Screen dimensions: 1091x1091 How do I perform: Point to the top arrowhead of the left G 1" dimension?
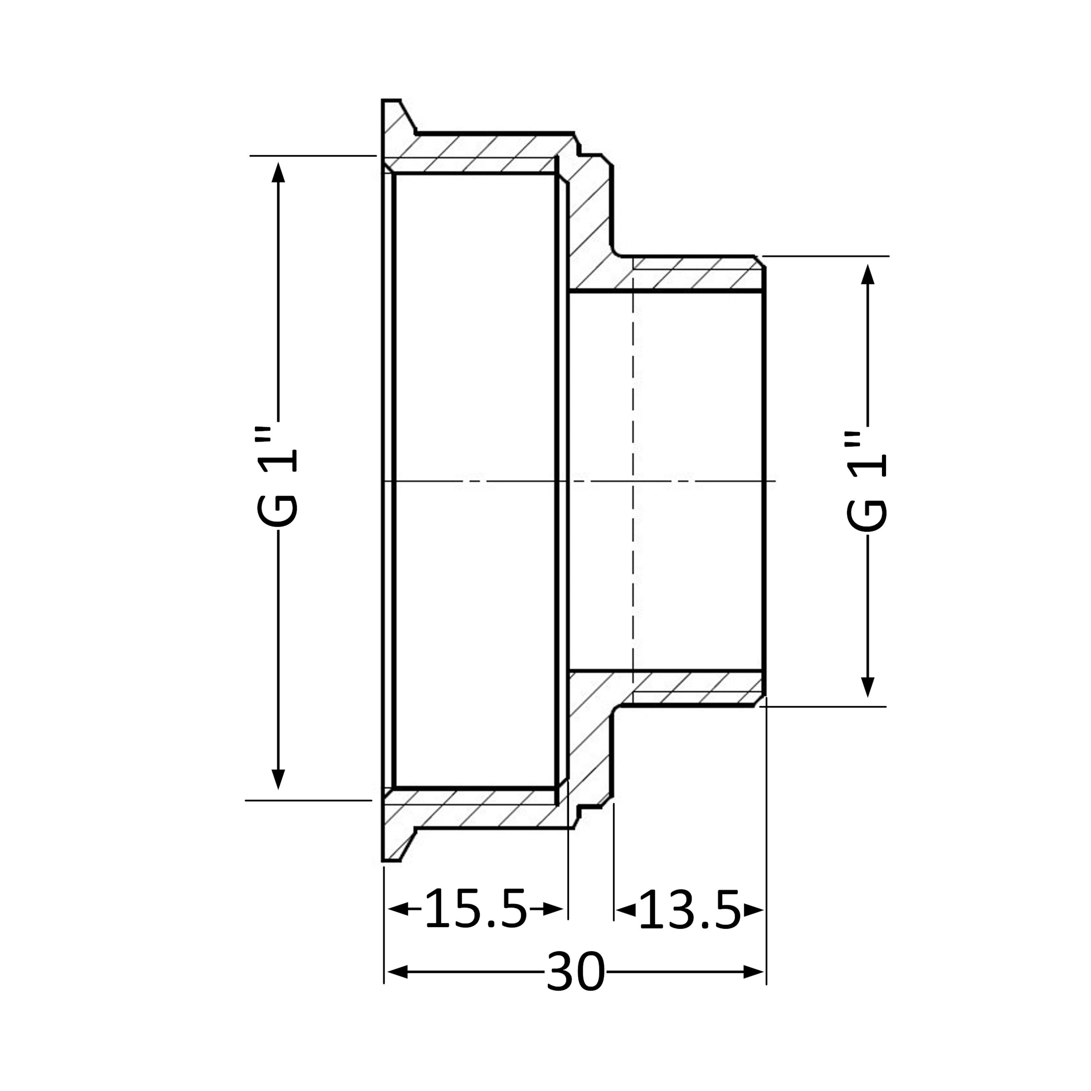[278, 172]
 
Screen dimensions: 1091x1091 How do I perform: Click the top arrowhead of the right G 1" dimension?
[868, 274]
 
